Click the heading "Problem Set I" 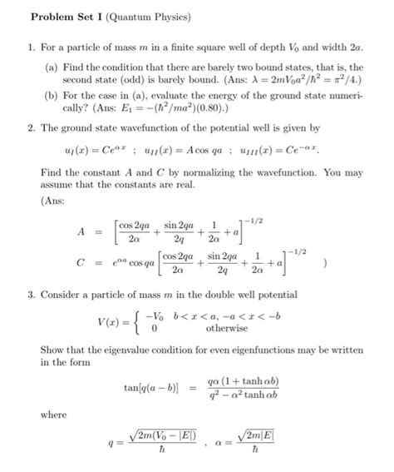pyautogui.click(x=63, y=17)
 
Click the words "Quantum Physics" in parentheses pyautogui.click(x=145, y=17)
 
